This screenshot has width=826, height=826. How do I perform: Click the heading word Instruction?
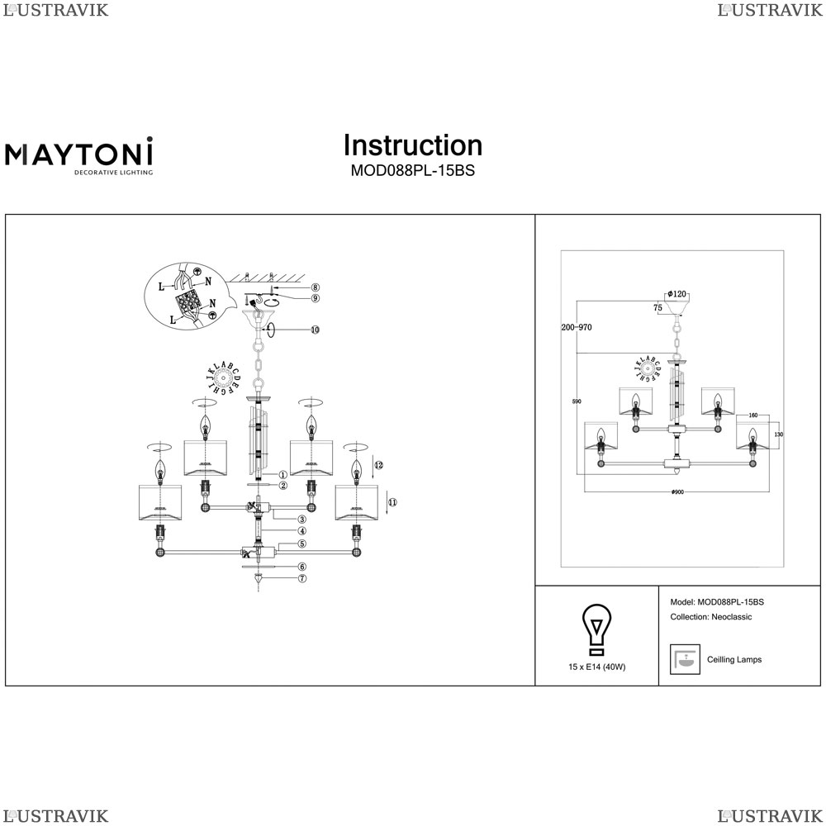coord(412,145)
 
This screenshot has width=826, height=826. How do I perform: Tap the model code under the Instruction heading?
coord(412,172)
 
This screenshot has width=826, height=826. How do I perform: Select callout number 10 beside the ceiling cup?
coord(315,330)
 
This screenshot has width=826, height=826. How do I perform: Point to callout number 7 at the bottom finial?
coord(302,578)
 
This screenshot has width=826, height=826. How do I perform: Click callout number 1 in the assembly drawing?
coord(282,475)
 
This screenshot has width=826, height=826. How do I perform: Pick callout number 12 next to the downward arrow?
coord(379,465)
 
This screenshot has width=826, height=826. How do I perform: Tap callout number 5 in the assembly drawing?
coord(302,544)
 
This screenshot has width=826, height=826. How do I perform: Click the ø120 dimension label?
coord(677,295)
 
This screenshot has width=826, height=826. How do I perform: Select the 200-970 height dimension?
coord(577,328)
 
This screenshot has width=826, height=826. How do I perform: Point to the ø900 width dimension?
coord(677,492)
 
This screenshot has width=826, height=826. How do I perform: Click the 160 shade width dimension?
coord(752,415)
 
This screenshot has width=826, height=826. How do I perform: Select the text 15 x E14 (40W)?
coord(596,667)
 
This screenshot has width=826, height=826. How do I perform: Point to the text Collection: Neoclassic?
coord(710,617)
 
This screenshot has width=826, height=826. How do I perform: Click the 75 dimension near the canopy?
coord(657,307)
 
